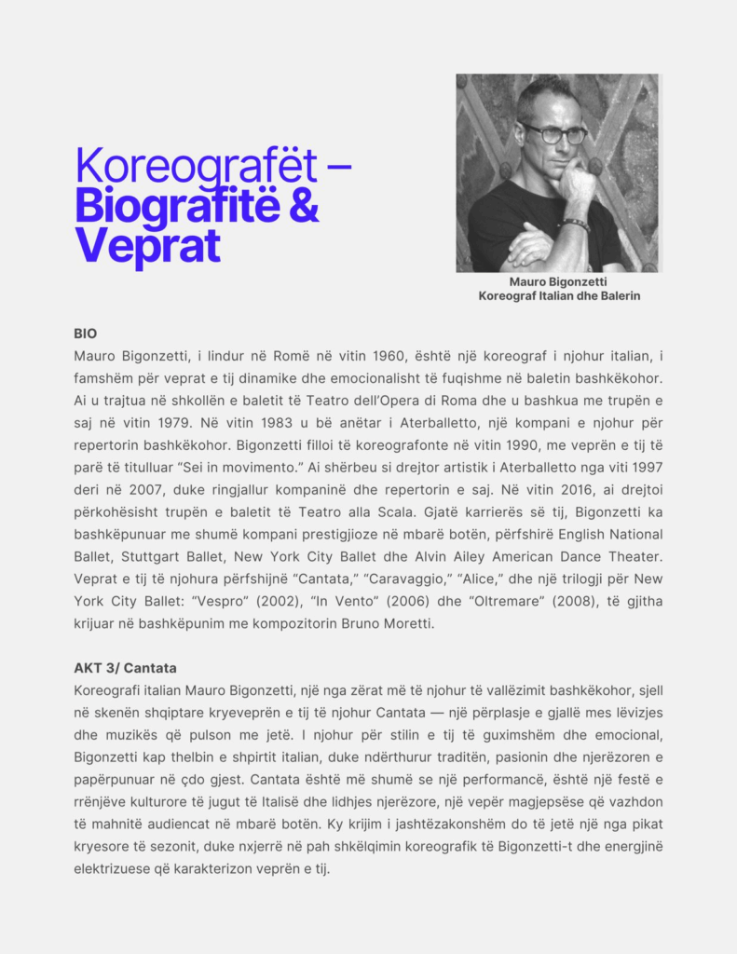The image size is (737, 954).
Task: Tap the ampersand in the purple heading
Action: [303, 205]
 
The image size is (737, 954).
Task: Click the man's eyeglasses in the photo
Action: [553, 133]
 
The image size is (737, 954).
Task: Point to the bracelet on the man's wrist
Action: [575, 225]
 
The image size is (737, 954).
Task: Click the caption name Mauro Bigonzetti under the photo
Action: [559, 281]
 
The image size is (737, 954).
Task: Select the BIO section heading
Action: [86, 333]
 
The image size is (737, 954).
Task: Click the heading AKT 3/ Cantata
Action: [125, 668]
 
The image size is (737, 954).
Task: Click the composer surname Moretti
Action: [410, 623]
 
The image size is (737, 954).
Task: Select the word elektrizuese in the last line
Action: [114, 869]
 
